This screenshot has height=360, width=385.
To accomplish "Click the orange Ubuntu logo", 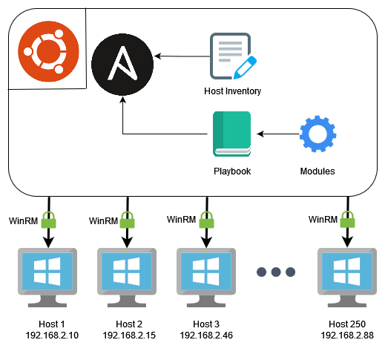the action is (x=48, y=51).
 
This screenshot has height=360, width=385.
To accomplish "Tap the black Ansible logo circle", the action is (x=122, y=65).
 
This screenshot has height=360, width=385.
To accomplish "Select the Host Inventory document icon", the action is (x=233, y=56).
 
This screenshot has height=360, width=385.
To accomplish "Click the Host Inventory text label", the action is (x=232, y=91).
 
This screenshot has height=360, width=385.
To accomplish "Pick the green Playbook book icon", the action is (x=232, y=134).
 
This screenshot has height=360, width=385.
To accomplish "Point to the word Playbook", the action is (x=232, y=171).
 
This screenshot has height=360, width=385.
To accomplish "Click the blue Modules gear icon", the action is (x=317, y=134).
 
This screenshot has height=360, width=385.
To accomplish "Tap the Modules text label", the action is (x=317, y=171).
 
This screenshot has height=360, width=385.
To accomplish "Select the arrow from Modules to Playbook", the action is (x=278, y=134).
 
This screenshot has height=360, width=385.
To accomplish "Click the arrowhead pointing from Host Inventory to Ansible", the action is (x=157, y=56).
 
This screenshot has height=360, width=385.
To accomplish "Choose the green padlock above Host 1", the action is (x=48, y=220).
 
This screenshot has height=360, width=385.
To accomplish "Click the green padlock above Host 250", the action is (x=347, y=220).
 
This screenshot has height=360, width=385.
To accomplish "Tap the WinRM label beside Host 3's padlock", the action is (x=181, y=220).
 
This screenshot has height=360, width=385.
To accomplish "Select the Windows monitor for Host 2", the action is (x=127, y=278).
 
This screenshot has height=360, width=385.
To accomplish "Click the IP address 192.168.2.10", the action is (x=52, y=336).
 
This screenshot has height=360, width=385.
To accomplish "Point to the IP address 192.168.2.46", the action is (x=206, y=336).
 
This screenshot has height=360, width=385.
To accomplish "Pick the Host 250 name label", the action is (x=347, y=324).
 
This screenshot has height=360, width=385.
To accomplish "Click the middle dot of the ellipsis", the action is (x=276, y=272).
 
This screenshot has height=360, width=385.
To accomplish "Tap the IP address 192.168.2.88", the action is (x=347, y=336).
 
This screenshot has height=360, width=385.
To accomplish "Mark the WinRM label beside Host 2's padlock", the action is (x=103, y=221).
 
